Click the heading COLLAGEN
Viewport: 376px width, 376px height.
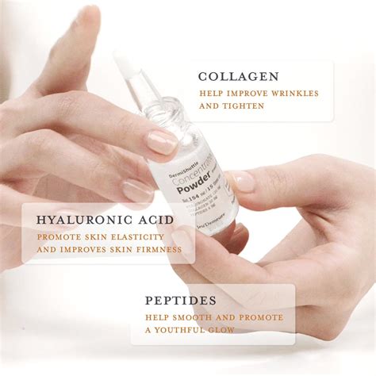click(238, 77)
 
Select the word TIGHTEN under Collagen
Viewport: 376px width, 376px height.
click(243, 106)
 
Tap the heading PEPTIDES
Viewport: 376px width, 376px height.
click(181, 301)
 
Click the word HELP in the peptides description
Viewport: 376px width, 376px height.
click(155, 317)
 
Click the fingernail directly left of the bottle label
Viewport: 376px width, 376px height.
click(161, 142)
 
